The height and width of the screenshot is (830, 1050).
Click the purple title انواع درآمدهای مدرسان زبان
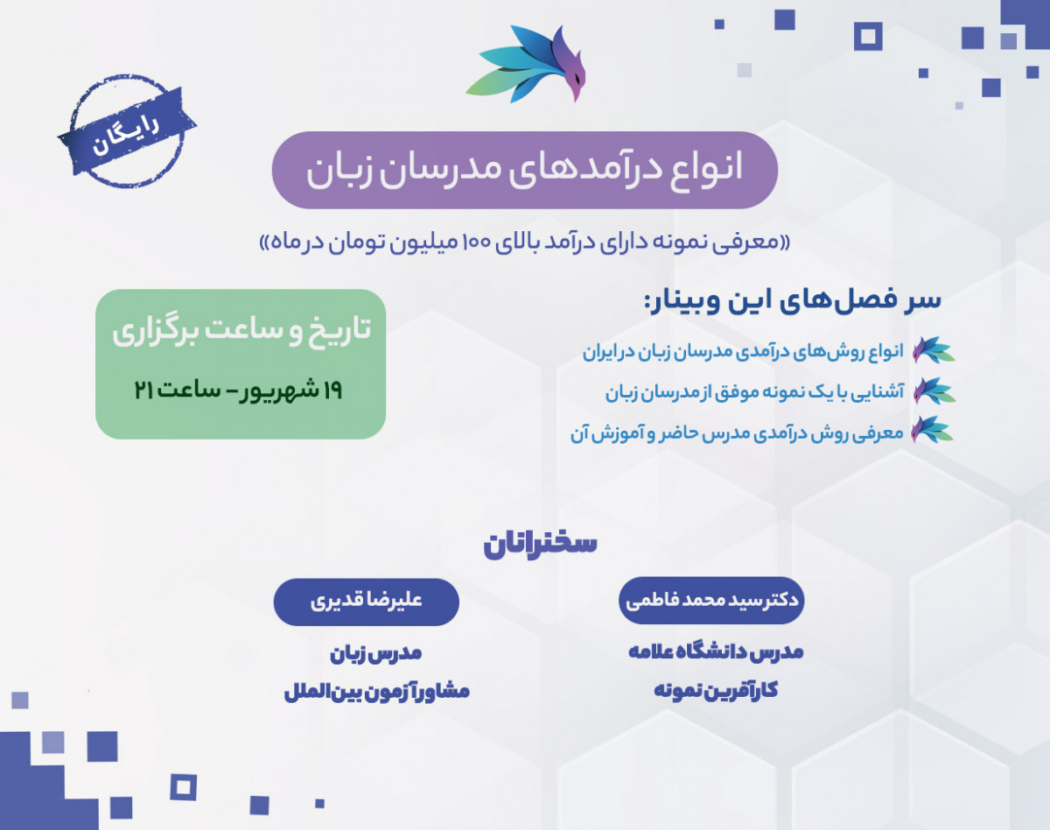coord(524,170)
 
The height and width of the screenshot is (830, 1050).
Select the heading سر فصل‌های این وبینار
coord(793,299)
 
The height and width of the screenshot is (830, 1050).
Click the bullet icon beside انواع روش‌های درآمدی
coord(932,350)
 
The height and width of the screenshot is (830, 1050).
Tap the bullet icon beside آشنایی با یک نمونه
coord(932,390)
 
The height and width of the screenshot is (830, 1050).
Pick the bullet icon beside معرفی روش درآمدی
coord(932,431)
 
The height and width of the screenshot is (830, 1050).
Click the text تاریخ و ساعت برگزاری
coord(241,331)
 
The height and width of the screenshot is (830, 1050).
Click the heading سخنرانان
coord(540,543)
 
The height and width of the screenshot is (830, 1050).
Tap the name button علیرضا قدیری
coord(367,602)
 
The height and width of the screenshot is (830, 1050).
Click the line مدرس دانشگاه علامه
coord(716,652)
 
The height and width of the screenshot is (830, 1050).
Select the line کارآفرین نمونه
coord(716,690)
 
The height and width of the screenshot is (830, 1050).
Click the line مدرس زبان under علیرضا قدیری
coord(376,653)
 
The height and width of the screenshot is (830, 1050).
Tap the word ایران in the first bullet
coord(603,352)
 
